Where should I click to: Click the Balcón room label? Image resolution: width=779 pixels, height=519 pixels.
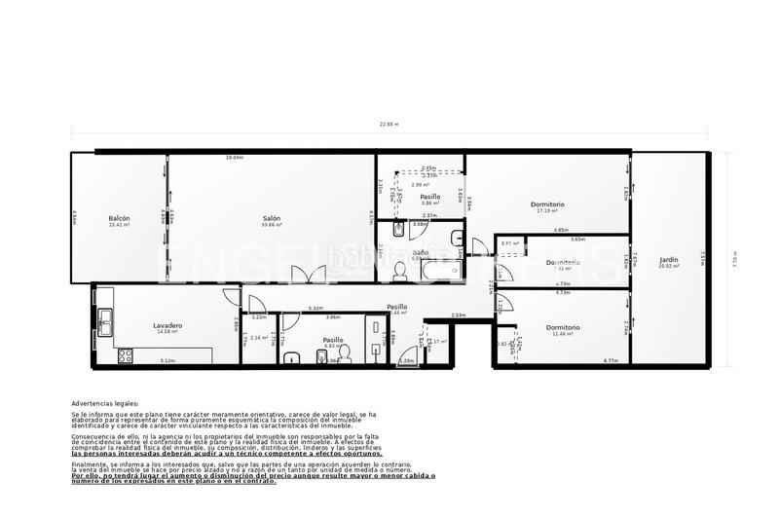[120, 218]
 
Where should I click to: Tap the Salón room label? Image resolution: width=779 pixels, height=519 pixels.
[272, 218]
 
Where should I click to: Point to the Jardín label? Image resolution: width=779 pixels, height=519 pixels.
[668, 259]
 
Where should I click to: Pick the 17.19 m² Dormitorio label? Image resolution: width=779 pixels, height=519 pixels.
[548, 204]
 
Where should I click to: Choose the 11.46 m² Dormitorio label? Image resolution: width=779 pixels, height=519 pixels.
[563, 327]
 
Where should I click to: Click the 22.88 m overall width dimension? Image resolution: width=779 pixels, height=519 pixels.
[389, 125]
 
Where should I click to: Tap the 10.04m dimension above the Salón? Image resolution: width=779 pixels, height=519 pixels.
[234, 158]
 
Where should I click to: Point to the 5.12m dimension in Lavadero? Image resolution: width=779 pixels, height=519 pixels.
[167, 361]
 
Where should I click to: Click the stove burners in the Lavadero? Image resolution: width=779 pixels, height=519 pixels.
[125, 356]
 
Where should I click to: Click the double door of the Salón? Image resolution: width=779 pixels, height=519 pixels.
[302, 276]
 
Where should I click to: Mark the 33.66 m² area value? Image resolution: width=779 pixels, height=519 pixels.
[272, 225]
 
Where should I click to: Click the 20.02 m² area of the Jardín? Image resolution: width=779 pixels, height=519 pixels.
[668, 266]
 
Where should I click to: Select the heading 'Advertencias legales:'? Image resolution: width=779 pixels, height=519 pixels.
[105, 402]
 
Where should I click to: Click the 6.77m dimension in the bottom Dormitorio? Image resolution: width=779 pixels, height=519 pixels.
[611, 361]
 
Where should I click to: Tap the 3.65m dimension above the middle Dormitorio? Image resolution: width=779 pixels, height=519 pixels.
[577, 239]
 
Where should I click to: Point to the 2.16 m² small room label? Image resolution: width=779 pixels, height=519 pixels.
[259, 338]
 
